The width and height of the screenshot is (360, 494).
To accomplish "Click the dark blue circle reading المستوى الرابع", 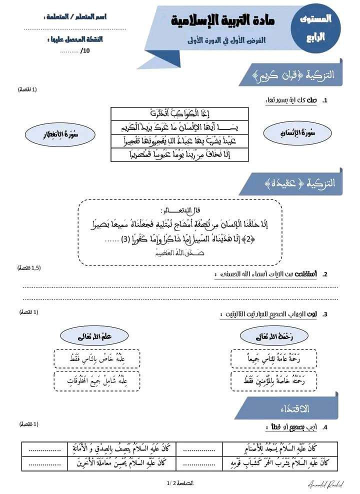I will pos(315,28).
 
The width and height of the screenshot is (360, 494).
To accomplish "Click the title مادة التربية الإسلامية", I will pos(223,21).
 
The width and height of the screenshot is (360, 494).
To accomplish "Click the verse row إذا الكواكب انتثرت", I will pos(180,113).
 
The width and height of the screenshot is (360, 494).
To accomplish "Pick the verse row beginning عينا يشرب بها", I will pos(180,141).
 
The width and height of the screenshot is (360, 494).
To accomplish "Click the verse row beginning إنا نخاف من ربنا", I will pos(180,155).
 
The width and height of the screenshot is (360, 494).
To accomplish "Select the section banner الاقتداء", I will pos(290,409).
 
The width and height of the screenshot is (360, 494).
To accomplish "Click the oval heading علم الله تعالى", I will pos(97,336).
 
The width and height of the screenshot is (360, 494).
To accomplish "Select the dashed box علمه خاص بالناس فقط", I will pos(97,358).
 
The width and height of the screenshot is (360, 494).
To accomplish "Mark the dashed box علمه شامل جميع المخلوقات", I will pos(97,381).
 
